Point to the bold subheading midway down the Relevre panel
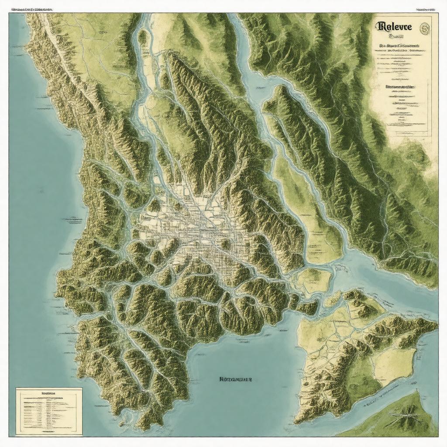click(399, 87)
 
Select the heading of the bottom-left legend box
click(48, 393)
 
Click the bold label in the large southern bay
click(236, 379)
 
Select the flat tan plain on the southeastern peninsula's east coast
click(393, 364)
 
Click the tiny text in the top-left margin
click(31, 9)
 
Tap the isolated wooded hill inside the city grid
click(225, 244)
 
